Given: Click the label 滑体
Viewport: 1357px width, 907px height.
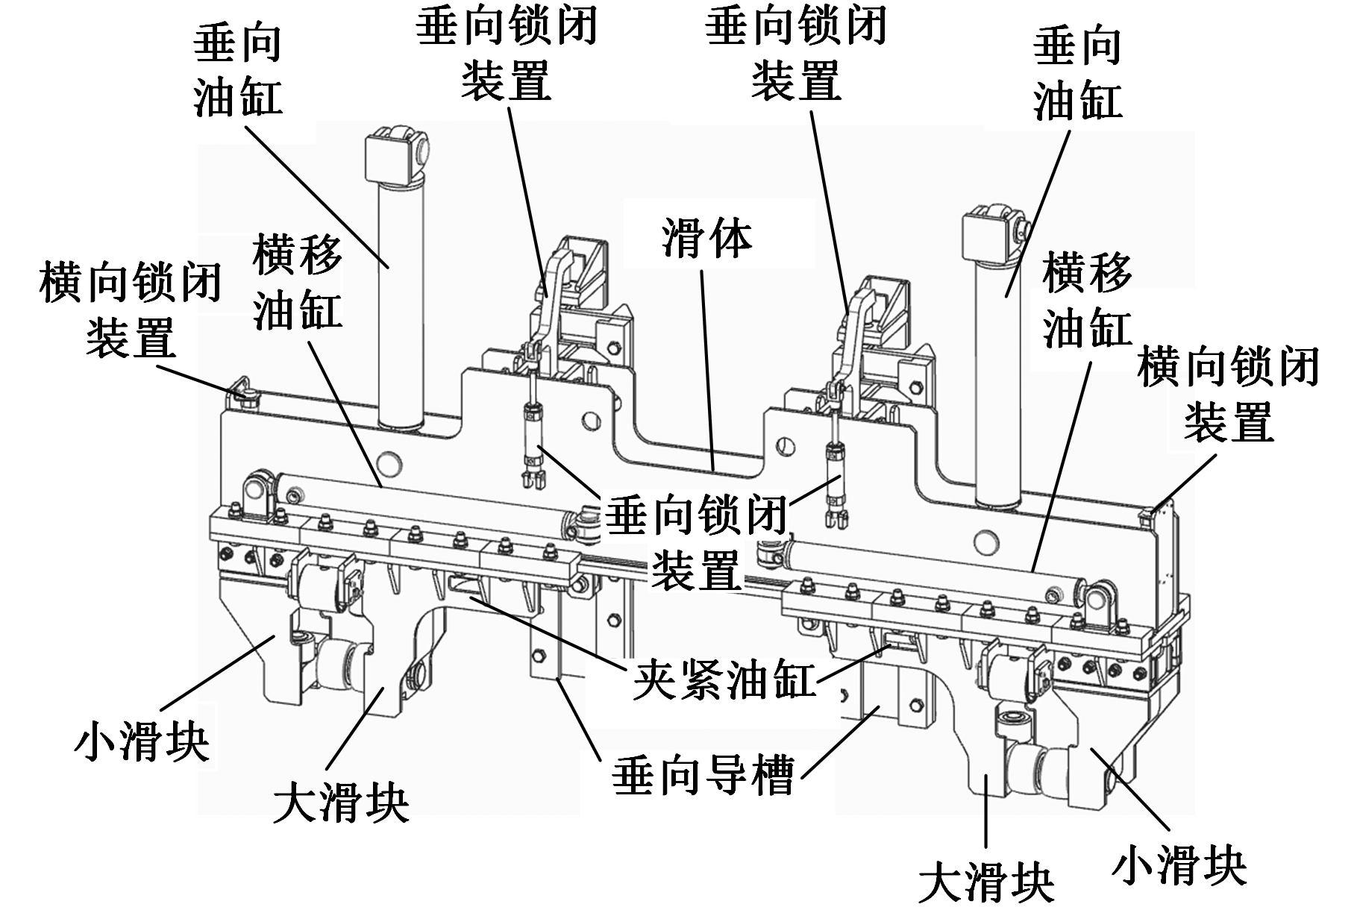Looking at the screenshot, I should click(x=706, y=239).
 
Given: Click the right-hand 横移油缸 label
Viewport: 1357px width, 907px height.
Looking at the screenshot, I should click(x=1087, y=300).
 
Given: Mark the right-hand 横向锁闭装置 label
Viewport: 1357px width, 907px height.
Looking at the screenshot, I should click(x=1228, y=395).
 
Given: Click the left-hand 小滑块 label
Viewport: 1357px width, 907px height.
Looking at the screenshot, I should click(x=142, y=742).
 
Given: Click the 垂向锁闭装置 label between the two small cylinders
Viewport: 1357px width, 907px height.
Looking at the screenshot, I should click(x=696, y=544).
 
